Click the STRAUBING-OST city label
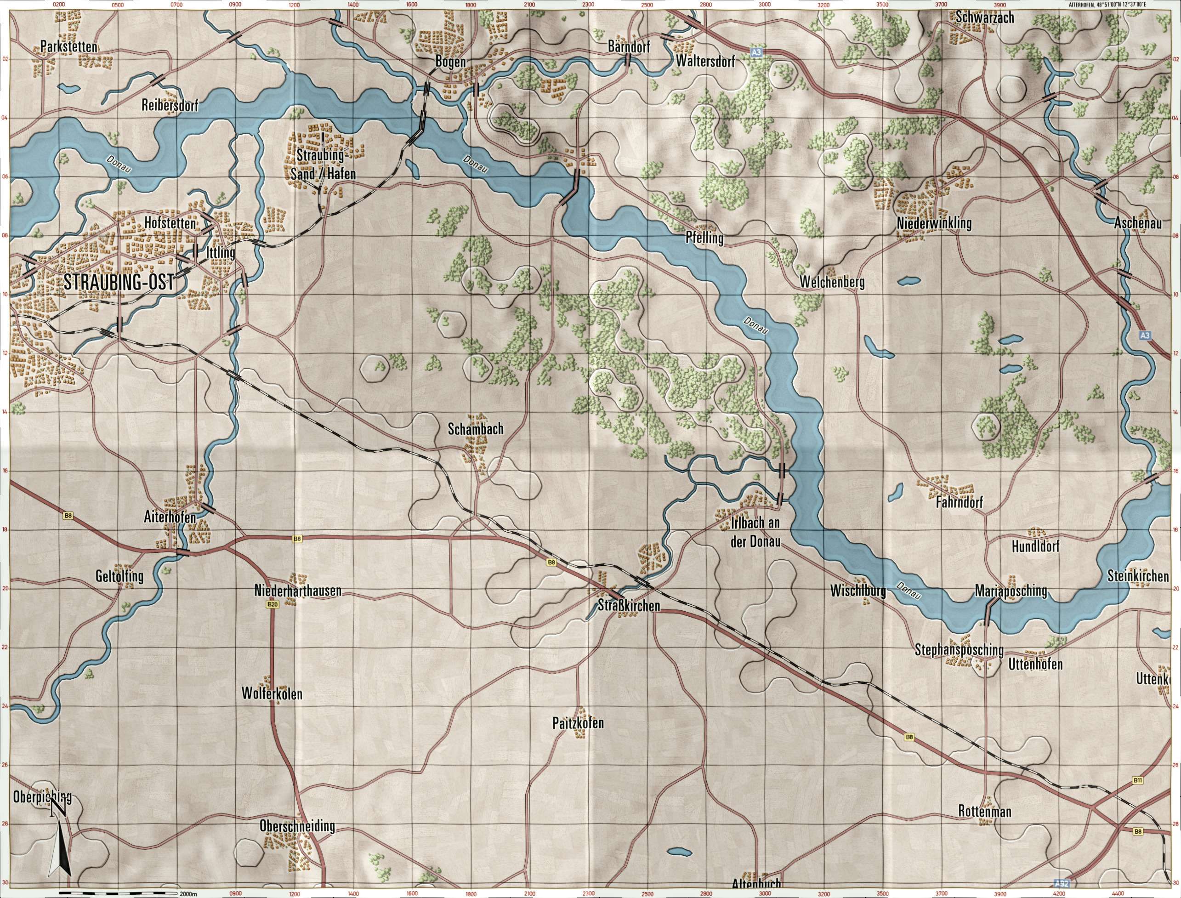coord(119,283)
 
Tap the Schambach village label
coord(476,428)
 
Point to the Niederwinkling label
coord(934,223)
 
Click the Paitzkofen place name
coord(578,723)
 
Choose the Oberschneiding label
coord(297,826)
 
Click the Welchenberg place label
coord(832,282)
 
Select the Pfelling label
coord(704,239)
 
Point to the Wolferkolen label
coord(272,694)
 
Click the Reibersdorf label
coord(170,105)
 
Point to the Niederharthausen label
coord(298,591)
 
